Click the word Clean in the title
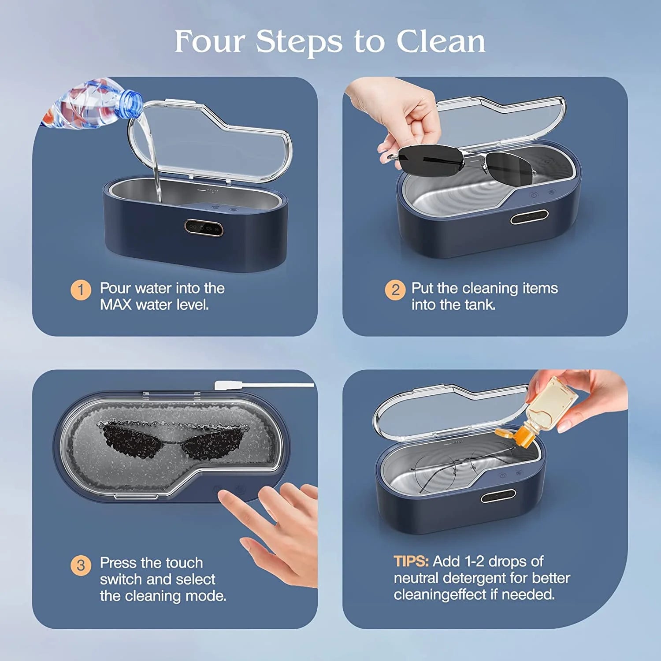tap(440, 41)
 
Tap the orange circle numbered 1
tap(81, 290)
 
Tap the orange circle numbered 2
tap(395, 290)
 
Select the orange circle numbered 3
tap(81, 565)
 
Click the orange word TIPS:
tap(411, 561)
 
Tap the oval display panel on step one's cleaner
tap(204, 227)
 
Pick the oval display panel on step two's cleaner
tap(529, 217)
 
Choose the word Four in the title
tap(209, 41)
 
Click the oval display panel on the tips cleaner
tap(498, 497)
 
